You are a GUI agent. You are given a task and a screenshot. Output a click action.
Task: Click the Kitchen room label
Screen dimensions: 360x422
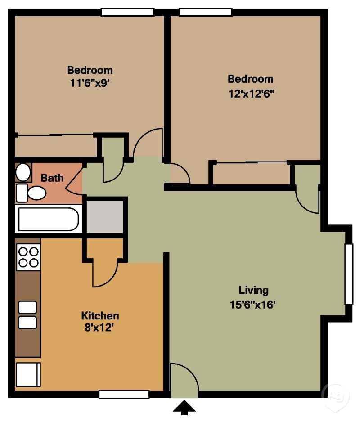click(x=100, y=315)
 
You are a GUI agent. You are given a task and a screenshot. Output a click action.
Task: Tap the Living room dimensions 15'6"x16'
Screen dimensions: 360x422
click(x=252, y=305)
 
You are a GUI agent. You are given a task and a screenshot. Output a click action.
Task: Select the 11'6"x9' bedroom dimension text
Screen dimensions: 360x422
click(x=90, y=83)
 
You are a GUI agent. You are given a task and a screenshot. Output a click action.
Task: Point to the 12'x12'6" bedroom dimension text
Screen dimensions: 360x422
click(x=251, y=94)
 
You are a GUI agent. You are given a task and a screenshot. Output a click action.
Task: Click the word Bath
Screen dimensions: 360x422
click(x=52, y=178)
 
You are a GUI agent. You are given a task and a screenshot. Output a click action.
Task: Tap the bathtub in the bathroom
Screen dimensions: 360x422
click(x=49, y=219)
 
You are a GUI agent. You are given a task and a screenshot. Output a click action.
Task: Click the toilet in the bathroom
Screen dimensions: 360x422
click(x=31, y=193)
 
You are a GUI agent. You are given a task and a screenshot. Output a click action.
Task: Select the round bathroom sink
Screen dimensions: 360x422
click(x=23, y=172)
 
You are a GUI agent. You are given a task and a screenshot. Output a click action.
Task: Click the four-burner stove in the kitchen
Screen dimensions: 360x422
click(x=28, y=257)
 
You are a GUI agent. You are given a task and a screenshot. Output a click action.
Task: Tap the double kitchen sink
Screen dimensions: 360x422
click(x=27, y=315)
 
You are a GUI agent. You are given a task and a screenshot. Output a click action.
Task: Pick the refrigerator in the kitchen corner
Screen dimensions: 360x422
click(x=28, y=375)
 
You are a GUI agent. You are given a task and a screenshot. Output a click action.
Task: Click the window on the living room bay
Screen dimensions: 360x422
click(x=349, y=274)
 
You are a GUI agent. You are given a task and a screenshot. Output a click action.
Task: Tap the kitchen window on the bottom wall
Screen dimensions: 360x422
click(x=124, y=395)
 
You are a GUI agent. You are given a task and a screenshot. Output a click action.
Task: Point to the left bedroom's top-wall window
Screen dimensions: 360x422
click(x=127, y=12)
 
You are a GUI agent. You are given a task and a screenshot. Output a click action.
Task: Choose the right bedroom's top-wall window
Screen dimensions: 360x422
click(x=206, y=12)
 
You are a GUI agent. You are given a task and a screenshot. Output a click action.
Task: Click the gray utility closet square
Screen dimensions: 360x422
click(x=105, y=217)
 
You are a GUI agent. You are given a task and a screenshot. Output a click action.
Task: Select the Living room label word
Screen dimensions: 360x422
click(x=254, y=290)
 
